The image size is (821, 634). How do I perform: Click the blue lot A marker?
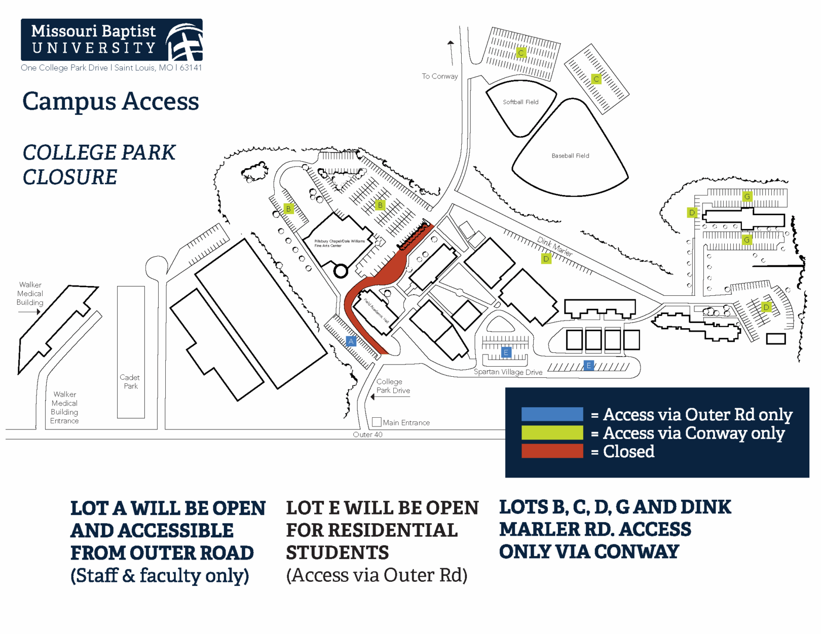coord(351,341)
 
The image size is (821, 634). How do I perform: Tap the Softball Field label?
coord(520,102)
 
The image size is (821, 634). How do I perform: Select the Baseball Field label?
coord(570,156)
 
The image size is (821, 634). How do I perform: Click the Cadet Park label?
coord(130,382)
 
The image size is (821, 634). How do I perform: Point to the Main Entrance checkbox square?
coord(377,422)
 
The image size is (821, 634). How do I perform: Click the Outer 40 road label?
coord(367,434)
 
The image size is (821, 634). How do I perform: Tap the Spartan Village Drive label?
coord(508,372)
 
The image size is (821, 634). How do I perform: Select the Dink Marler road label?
coord(555,246)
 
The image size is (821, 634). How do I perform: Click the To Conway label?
coord(439,76)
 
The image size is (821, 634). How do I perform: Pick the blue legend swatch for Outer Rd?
coord(552,414)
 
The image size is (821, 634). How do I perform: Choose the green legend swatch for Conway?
coord(552,432)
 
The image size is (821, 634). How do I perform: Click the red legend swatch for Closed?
coord(552,451)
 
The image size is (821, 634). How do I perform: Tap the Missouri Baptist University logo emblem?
coord(185,42)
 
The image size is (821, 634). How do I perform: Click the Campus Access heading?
coord(110,101)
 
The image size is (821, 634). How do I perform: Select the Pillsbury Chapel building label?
coord(339,243)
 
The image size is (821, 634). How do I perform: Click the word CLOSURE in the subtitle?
coord(70,177)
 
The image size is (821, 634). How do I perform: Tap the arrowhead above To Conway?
coord(451,44)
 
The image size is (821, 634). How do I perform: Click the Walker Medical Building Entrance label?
coord(64,408)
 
